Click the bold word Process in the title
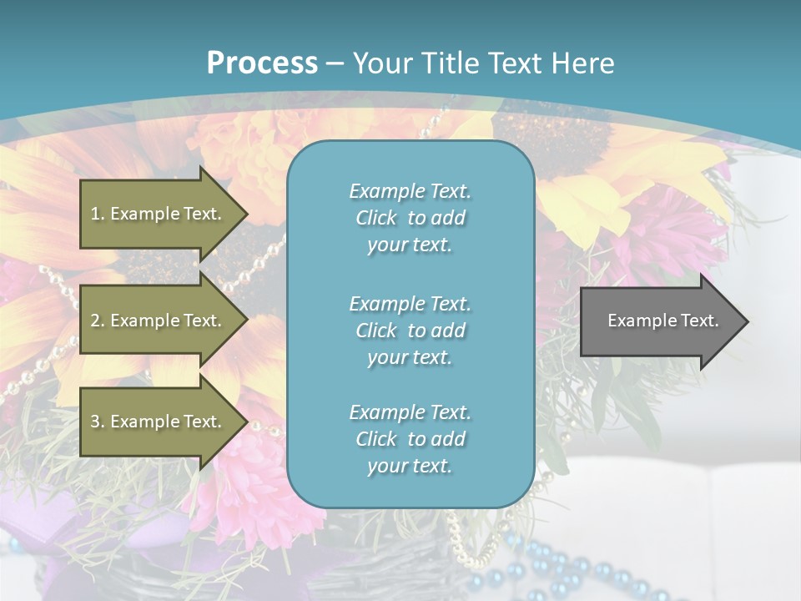click(262, 63)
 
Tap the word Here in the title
click(583, 63)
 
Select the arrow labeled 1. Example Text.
click(159, 214)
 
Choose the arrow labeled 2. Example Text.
click(159, 321)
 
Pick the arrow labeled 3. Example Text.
click(159, 422)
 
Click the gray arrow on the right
click(659, 321)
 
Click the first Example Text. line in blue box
click(410, 191)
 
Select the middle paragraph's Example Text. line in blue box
click(410, 304)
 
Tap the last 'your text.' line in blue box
click(410, 467)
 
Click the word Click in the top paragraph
click(376, 219)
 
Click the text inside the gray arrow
click(662, 321)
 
